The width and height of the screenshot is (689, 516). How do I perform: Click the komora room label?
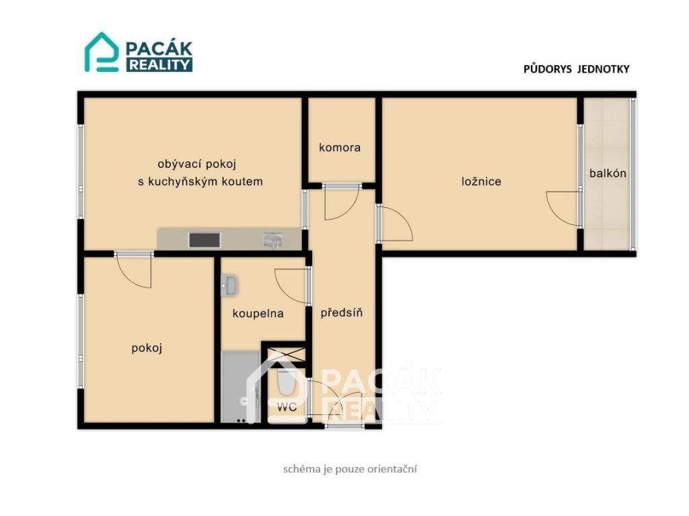click(x=340, y=147)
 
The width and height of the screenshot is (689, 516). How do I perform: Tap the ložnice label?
click(x=481, y=181)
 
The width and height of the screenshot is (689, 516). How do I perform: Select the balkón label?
click(x=608, y=173)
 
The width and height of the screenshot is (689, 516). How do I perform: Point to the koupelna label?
click(x=258, y=313)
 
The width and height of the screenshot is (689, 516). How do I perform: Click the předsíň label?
click(x=341, y=312)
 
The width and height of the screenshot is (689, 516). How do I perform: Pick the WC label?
click(x=287, y=406)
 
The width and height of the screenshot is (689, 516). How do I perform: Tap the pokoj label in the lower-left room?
click(x=147, y=348)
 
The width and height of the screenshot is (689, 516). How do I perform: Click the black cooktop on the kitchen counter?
click(x=205, y=240)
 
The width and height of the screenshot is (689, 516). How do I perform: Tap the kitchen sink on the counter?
click(x=273, y=240)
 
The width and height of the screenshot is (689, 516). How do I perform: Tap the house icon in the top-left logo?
click(x=102, y=52)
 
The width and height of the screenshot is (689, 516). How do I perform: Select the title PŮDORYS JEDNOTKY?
click(x=577, y=69)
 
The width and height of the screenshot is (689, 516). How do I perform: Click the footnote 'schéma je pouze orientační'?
click(x=350, y=469)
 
